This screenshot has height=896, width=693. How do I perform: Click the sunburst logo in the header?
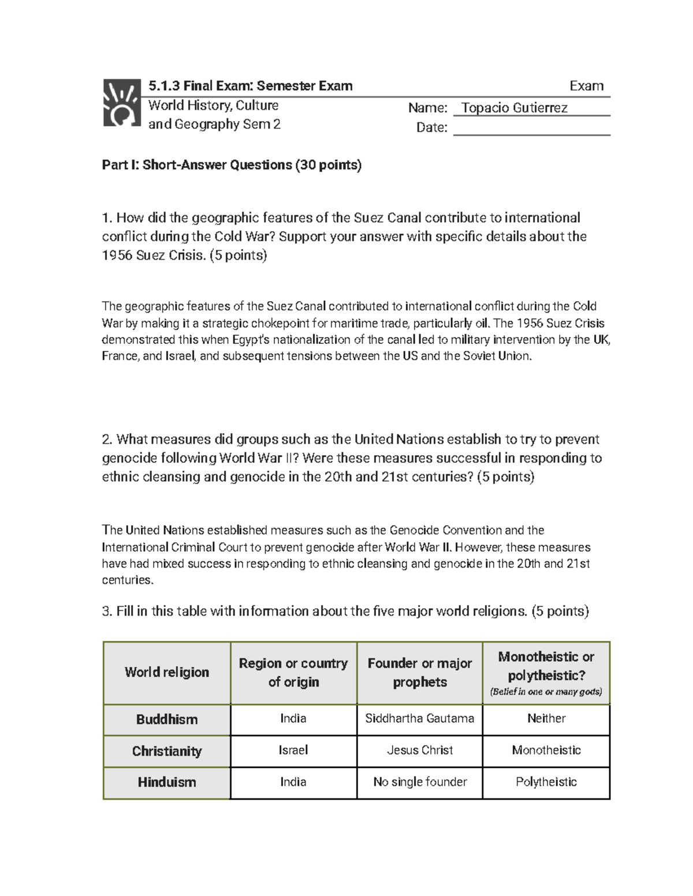(121, 103)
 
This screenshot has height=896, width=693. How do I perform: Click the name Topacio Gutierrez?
(514, 108)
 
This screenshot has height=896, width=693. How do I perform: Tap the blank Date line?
(531, 128)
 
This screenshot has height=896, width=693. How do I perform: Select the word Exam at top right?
(586, 86)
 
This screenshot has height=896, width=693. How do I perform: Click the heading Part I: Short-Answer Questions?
(232, 165)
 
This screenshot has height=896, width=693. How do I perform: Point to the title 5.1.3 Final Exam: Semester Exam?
(250, 86)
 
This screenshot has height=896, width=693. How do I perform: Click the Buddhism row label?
(167, 719)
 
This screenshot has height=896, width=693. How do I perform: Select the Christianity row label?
(167, 751)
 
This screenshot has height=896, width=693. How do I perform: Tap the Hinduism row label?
(167, 782)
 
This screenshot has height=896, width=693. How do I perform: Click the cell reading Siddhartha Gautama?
(420, 718)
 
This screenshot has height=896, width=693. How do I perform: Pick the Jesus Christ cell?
(420, 750)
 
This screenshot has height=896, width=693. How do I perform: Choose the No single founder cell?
(420, 782)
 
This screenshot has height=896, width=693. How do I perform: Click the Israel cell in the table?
(293, 750)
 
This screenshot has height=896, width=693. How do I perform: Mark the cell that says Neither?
(546, 718)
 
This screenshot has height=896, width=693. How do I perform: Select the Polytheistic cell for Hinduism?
(546, 782)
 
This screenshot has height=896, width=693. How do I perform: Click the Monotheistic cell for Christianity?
(546, 750)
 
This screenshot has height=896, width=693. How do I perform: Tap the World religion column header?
(167, 672)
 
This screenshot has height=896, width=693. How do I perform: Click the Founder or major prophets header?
(420, 672)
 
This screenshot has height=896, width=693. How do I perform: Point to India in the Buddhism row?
(293, 718)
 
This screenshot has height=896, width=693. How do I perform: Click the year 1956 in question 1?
(117, 255)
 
